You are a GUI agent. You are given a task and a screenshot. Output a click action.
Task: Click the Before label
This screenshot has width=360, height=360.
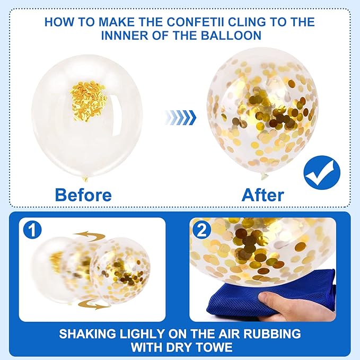[83, 195]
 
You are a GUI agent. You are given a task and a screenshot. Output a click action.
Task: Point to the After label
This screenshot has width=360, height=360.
[263, 195]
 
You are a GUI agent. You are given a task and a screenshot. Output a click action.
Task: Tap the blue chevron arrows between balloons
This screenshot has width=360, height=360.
[180, 118]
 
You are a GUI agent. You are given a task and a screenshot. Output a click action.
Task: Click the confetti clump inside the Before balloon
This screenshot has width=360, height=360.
[88, 101]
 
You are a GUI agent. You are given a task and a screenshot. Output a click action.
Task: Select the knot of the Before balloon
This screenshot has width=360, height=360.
[85, 179]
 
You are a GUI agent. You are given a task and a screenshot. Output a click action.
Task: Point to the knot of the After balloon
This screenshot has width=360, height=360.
[264, 176]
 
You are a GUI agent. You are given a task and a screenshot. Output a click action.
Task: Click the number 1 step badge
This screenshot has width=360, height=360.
[32, 230]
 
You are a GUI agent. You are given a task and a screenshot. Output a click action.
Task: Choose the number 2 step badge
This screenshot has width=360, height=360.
[202, 230]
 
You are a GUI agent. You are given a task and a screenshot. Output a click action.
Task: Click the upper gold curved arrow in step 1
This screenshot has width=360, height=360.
[90, 236]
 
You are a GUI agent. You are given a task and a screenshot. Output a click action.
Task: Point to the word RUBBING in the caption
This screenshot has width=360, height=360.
[272, 334]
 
